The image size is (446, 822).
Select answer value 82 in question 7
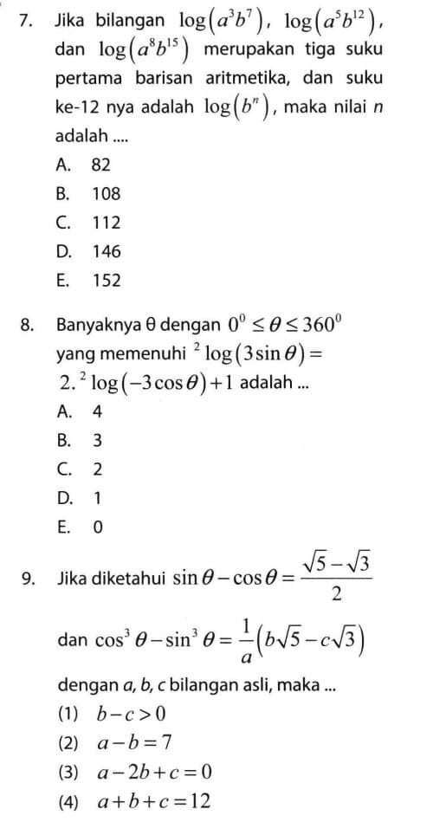point(101,164)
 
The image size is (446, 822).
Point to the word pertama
point(89,79)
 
